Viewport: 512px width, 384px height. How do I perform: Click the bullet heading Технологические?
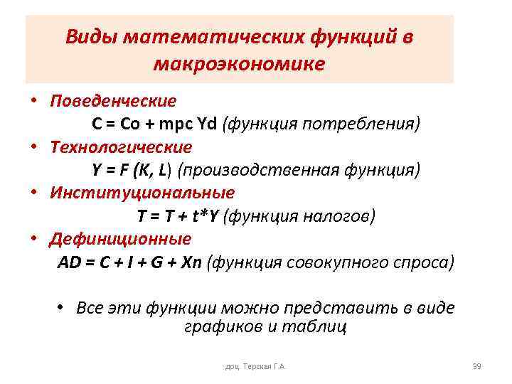click(x=121, y=147)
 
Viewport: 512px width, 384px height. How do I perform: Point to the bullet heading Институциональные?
click(x=142, y=193)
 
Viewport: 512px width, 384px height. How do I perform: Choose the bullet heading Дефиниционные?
click(x=120, y=239)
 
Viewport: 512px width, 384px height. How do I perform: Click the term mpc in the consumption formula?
click(x=177, y=124)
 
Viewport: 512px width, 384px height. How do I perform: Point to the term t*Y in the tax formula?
click(x=203, y=216)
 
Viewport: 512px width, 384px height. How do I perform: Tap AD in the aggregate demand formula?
click(x=70, y=262)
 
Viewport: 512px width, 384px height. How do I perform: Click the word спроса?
click(x=424, y=262)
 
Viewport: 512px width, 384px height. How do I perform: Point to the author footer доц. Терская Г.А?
click(x=255, y=367)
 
